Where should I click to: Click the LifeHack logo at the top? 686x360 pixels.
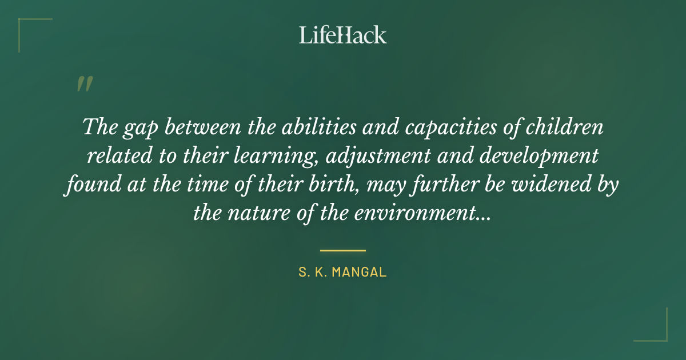[x=342, y=35]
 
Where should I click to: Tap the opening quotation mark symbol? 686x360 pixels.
[x=84, y=85]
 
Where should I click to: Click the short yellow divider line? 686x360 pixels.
[x=342, y=250]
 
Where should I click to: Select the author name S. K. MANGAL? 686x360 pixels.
[x=342, y=272]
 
